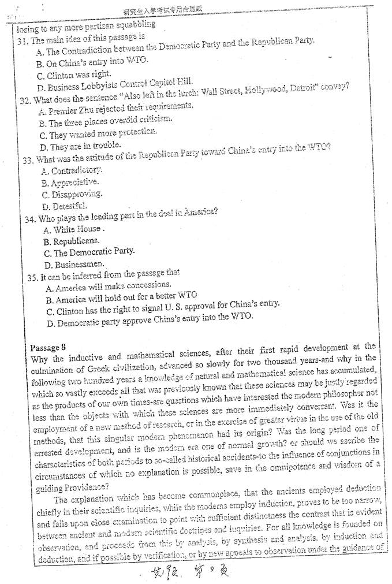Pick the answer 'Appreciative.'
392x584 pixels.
pos(70,183)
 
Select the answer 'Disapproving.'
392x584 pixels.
pos(72,194)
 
